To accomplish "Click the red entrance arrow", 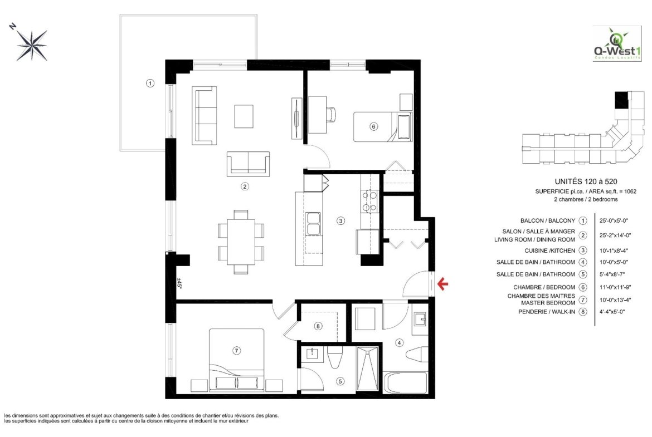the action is [x=443, y=284].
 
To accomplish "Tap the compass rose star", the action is [x=32, y=45].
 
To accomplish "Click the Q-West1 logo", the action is [x=617, y=43].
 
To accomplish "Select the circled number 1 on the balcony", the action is [x=150, y=83].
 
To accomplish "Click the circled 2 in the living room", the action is [x=245, y=186].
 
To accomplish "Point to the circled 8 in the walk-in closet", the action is [x=318, y=326].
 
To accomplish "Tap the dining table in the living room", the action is [x=241, y=242].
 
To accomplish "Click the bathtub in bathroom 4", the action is [x=405, y=382].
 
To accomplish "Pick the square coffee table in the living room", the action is [x=244, y=116].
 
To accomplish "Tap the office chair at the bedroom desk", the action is [x=332, y=115].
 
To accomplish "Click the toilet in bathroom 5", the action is [x=334, y=358].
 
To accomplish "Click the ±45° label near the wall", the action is [x=179, y=283].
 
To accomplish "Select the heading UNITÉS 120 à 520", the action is [x=586, y=181].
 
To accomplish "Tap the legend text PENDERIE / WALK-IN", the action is [x=546, y=312].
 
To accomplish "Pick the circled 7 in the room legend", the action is [x=583, y=299].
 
